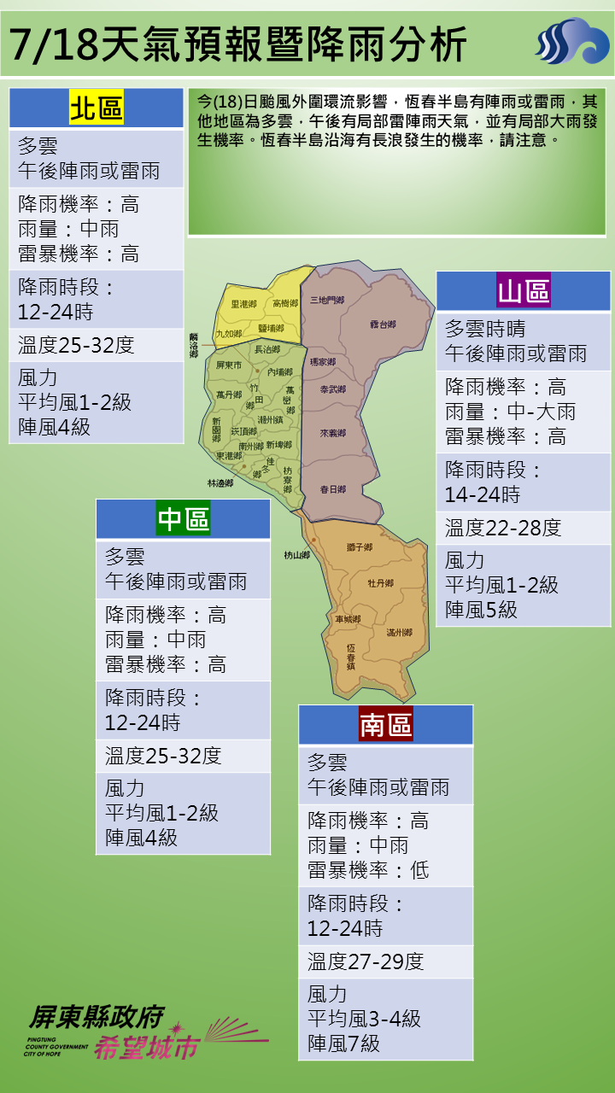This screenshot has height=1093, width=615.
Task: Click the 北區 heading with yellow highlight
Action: coord(97,109)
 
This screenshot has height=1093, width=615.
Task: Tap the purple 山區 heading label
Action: coord(524,291)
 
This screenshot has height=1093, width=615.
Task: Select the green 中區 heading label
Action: coord(184,519)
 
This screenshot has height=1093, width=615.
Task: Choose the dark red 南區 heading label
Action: coord(385,725)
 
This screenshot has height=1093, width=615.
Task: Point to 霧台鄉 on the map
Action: coord(383,324)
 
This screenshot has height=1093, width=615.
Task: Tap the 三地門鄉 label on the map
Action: coord(327,301)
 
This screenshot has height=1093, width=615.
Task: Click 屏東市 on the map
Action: coord(230,365)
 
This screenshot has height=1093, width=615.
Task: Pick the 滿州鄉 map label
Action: coord(399,633)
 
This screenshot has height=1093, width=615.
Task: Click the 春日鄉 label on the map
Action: coord(332,489)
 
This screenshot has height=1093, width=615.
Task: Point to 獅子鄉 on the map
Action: coord(360,546)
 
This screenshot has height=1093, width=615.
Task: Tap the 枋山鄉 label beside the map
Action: coord(296,555)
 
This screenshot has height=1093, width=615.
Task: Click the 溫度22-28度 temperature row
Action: coord(503,528)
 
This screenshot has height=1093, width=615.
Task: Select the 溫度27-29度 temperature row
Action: coord(366,961)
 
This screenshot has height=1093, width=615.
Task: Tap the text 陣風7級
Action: coord(344,1043)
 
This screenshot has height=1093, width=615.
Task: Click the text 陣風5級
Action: coord(481,610)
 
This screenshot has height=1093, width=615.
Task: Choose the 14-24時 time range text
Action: coord(482,494)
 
